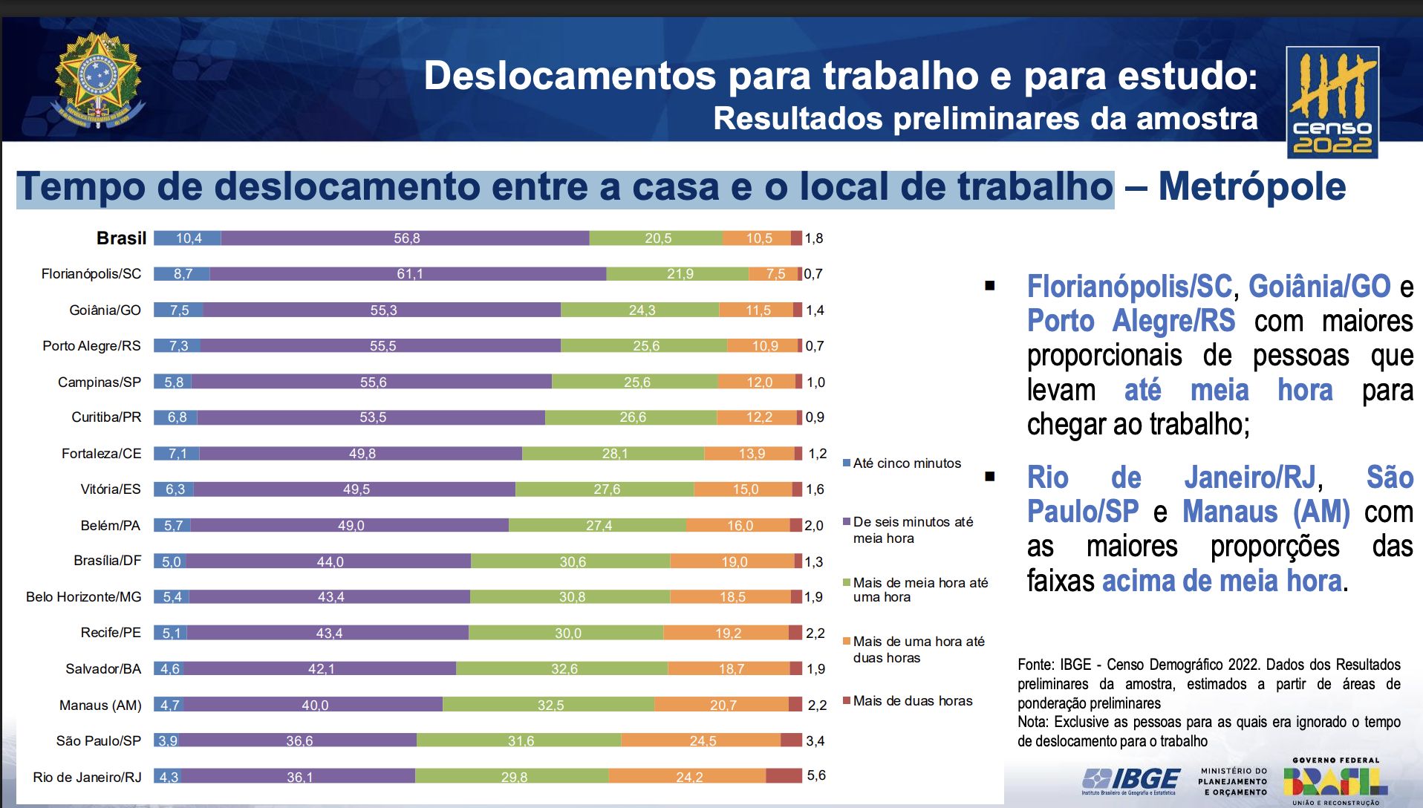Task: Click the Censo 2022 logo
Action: click(x=1332, y=102)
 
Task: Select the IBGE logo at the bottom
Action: click(x=1131, y=781)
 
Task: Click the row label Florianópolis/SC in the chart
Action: click(x=91, y=274)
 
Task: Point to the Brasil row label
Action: click(x=121, y=238)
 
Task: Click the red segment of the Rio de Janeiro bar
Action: click(x=784, y=776)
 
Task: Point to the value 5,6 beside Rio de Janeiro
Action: click(x=815, y=775)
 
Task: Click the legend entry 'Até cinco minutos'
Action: click(x=906, y=463)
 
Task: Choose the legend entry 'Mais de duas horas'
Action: click(x=912, y=701)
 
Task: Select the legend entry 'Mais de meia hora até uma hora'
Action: click(x=919, y=590)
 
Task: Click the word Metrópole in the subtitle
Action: click(x=1251, y=186)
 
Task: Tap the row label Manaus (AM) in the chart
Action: click(x=100, y=705)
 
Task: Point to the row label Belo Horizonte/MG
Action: click(x=83, y=597)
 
